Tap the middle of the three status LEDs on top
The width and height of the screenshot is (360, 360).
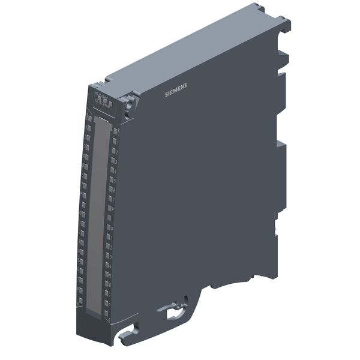pyautogui.click(x=105, y=100)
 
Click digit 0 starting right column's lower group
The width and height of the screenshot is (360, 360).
pyautogui.click(x=112, y=228)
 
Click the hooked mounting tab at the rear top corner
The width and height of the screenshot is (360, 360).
pyautogui.click(x=283, y=24)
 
